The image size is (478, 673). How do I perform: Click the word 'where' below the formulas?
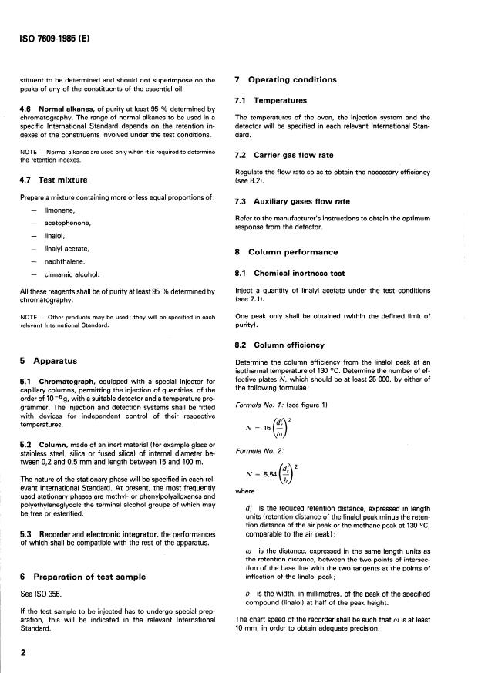pyautogui.click(x=244, y=510)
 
